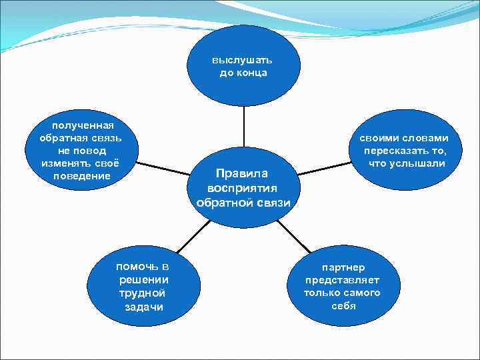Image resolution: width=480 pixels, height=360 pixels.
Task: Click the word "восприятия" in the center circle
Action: pyautogui.click(x=243, y=189)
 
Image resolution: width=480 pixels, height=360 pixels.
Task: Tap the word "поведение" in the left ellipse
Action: pyautogui.click(x=81, y=176)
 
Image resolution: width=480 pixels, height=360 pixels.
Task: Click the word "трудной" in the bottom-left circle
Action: pyautogui.click(x=142, y=293)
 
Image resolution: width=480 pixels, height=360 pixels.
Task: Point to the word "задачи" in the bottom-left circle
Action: pyautogui.click(x=143, y=307)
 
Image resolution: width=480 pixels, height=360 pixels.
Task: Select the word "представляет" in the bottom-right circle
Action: pyautogui.click(x=343, y=280)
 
